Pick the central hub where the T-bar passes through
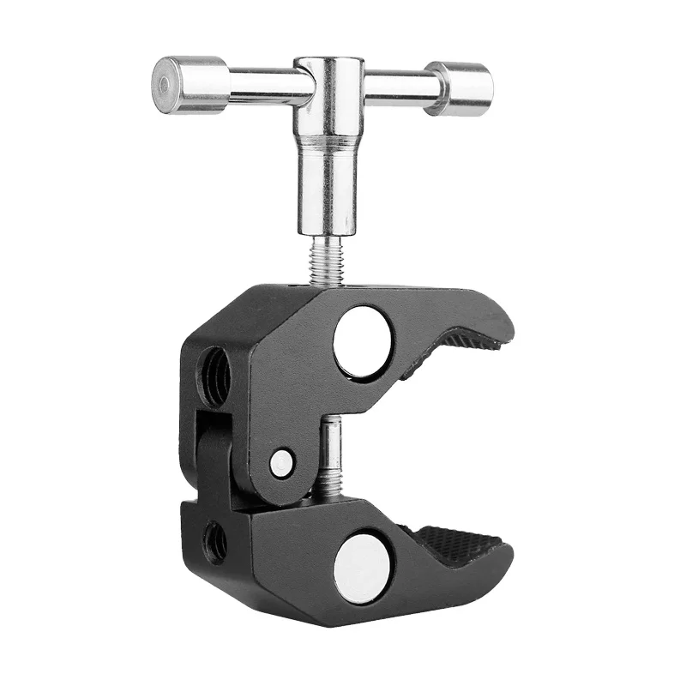click(x=328, y=86)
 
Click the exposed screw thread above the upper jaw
click(x=327, y=262)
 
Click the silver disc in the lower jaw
click(x=362, y=566)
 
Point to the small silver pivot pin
click(x=280, y=464)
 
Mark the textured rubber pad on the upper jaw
click(x=446, y=352)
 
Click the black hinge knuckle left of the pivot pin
click(x=216, y=454)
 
